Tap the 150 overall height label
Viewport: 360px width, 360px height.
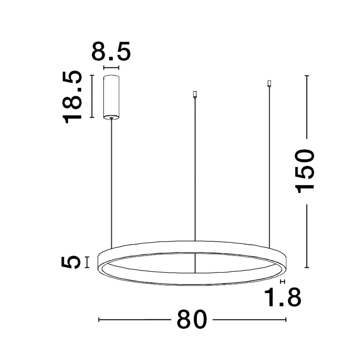(305, 171)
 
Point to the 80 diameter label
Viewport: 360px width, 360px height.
(192, 319)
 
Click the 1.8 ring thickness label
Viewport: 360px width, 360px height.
(282, 297)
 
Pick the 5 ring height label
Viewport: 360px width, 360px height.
(71, 262)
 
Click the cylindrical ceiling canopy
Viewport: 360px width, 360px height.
(111, 96)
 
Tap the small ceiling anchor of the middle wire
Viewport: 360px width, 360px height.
(195, 95)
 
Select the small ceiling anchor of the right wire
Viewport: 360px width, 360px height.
(269, 84)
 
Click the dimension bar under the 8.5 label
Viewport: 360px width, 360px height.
(111, 67)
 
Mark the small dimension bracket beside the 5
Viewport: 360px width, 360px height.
(87, 262)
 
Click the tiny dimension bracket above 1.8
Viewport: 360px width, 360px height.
(283, 281)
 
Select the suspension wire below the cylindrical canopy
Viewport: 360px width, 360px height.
(111, 180)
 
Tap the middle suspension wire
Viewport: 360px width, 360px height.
(195, 169)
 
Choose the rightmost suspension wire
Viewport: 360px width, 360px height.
(269, 162)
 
